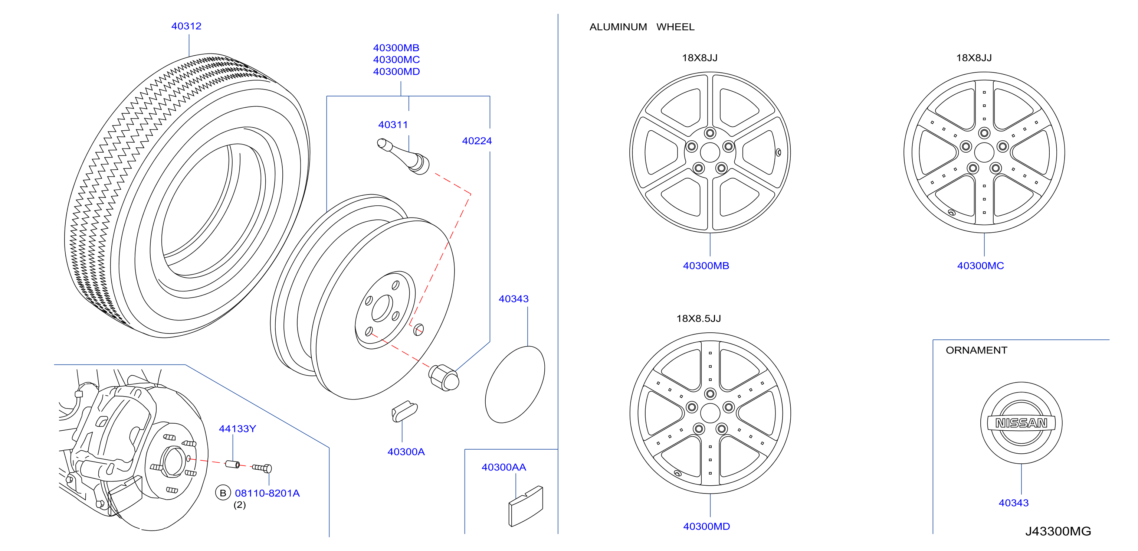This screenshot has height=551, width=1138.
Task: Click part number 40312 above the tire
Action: [x=186, y=26]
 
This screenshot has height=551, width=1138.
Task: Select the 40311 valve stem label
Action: [x=393, y=125]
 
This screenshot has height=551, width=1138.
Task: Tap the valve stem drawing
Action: [x=403, y=157]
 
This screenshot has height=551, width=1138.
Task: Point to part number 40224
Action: [x=477, y=141]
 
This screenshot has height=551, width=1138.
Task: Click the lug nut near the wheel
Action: [x=444, y=378]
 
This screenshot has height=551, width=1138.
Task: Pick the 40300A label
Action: [x=406, y=451]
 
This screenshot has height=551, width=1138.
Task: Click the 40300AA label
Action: [x=504, y=467]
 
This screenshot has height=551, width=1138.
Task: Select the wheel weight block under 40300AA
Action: [x=526, y=506]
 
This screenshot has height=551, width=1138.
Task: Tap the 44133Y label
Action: [x=237, y=428]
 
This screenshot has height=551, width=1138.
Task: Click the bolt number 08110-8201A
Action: [x=267, y=493]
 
